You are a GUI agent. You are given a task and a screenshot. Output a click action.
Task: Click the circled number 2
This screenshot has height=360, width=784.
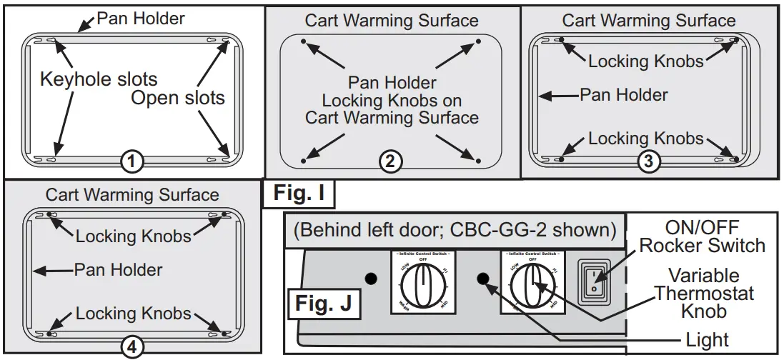[x=389, y=162]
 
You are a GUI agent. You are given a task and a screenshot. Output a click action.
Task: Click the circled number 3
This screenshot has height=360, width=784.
[x=647, y=162]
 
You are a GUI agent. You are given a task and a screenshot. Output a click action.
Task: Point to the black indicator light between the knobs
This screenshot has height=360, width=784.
[x=484, y=279]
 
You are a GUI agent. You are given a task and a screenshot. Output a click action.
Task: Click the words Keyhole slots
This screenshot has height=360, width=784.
[x=99, y=79]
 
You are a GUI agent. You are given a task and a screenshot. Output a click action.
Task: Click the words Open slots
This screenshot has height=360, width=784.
[x=177, y=98]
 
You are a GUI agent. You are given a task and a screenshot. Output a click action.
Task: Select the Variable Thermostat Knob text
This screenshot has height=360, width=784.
[x=704, y=294]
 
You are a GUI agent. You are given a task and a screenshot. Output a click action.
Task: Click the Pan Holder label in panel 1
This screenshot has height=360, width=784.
[x=141, y=18]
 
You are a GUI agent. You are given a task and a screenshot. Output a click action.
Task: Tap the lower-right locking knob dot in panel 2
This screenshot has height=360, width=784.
[x=478, y=160]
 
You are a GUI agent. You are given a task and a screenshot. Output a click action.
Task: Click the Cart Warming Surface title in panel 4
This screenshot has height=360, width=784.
[x=132, y=194]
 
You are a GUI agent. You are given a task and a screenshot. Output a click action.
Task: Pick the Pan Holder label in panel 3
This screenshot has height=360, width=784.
[x=623, y=94]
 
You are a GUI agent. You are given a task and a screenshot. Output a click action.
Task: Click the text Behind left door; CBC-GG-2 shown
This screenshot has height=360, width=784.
[x=454, y=230]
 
